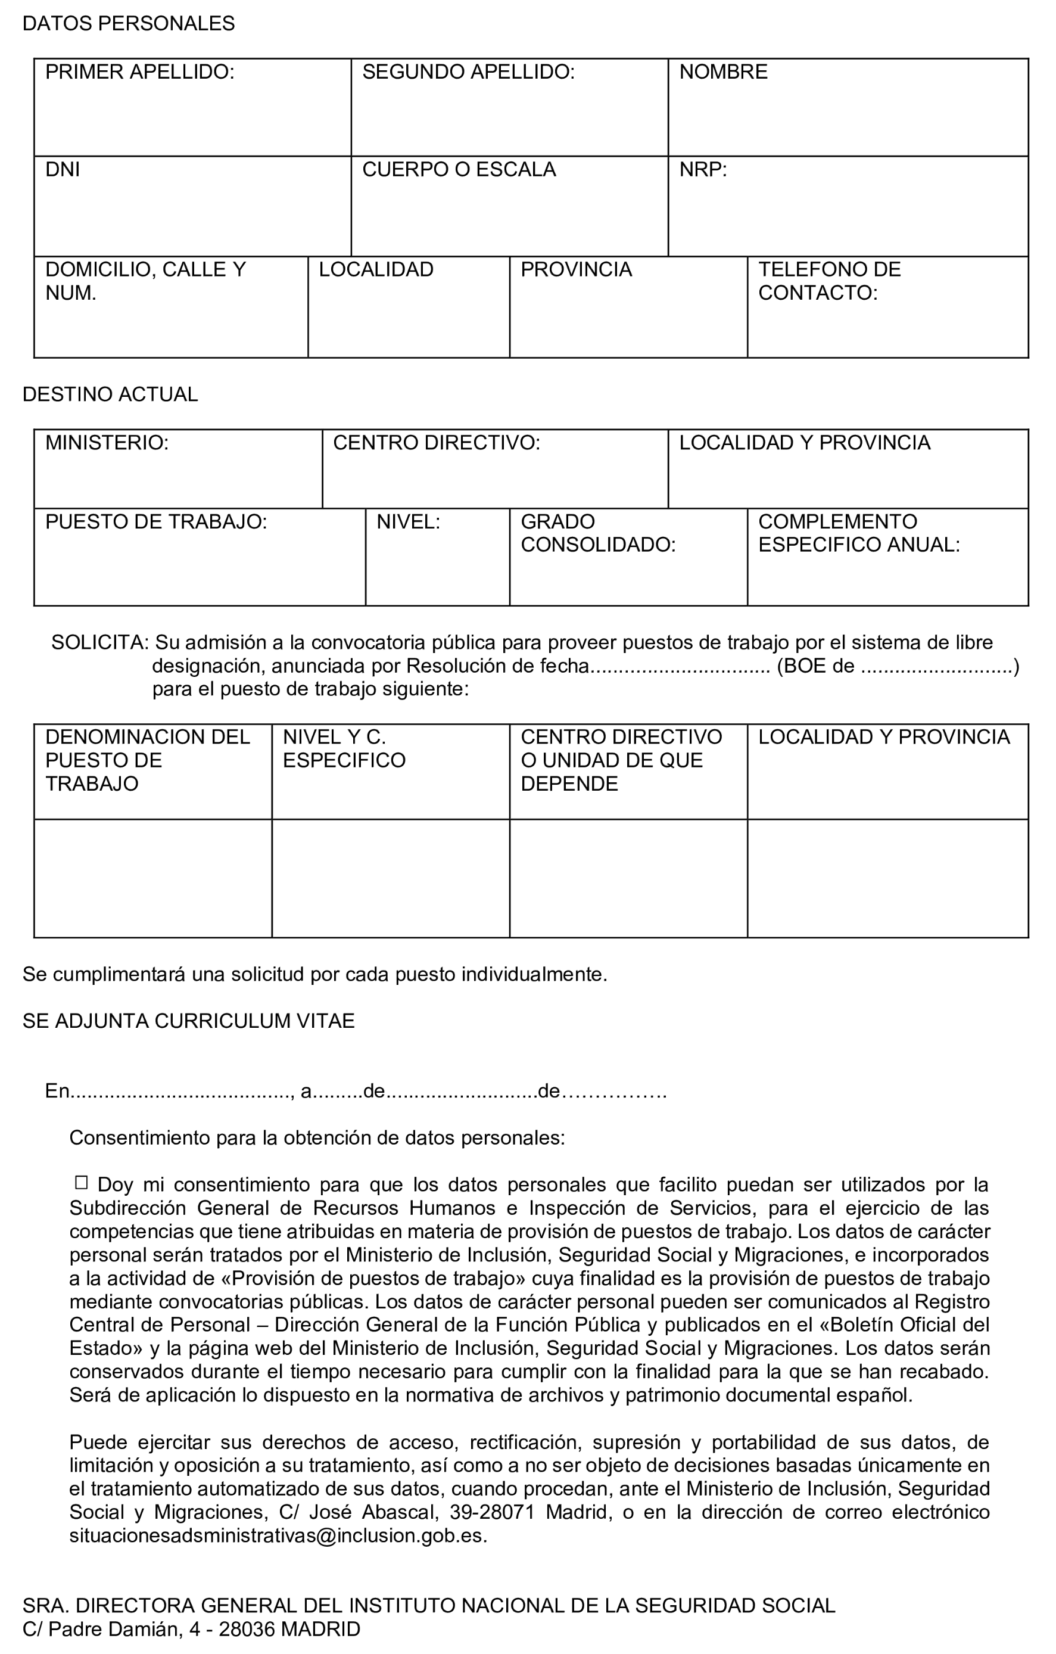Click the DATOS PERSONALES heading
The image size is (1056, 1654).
pos(129,24)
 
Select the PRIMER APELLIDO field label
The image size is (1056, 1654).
pos(139,72)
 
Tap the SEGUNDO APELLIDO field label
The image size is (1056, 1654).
pos(468,72)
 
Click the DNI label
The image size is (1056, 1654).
pos(63,170)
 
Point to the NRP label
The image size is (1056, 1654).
pos(702,170)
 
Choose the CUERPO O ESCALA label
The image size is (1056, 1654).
pos(459,170)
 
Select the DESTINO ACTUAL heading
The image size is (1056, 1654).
pos(110,394)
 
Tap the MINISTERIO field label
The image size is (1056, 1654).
pos(107,443)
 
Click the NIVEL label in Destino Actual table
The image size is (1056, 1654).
pos(408,522)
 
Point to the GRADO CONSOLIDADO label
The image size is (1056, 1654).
pos(598,533)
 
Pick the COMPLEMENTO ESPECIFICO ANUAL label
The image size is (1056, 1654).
pos(858,533)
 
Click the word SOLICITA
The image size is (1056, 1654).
pos(99,643)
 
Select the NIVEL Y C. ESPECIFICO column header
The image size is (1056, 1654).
pos(344,749)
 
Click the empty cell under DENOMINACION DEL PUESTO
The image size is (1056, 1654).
pos(152,878)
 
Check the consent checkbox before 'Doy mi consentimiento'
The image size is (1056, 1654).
pos(81,1183)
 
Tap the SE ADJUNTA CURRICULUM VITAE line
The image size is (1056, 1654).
pos(188,1021)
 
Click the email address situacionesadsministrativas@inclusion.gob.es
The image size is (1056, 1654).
pos(278,1536)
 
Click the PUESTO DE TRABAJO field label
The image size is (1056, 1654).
pos(156,522)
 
